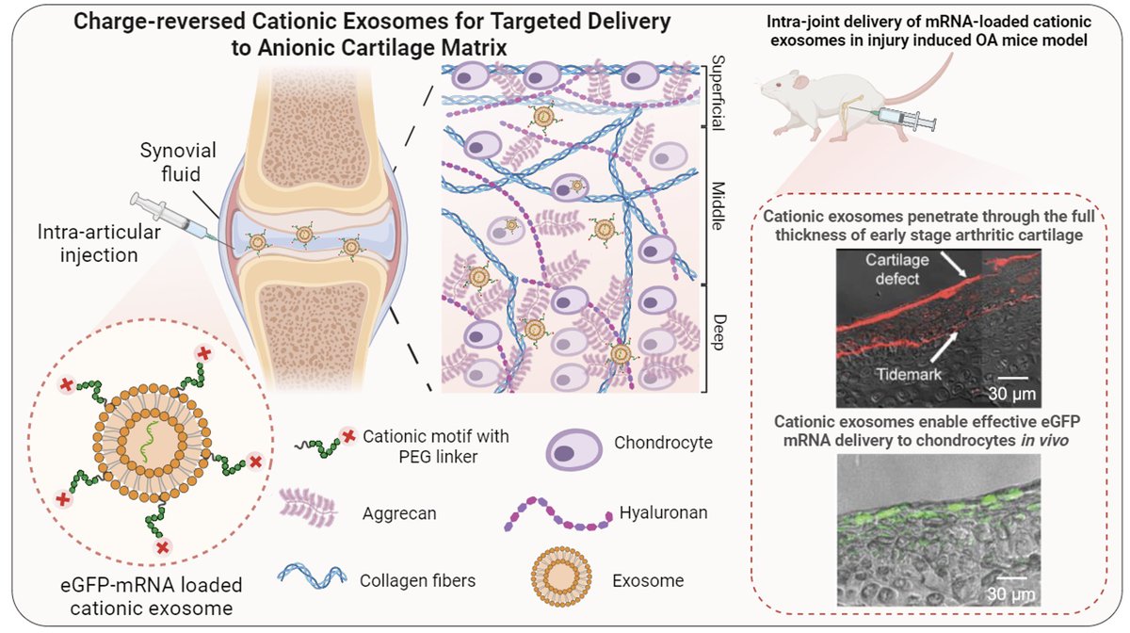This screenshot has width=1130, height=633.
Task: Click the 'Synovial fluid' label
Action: (178, 162)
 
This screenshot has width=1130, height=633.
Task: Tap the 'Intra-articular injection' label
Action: (99, 243)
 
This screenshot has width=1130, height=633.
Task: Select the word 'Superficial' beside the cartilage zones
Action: (718, 93)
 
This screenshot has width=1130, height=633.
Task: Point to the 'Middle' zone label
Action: (718, 206)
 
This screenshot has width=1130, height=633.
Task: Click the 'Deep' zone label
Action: (718, 333)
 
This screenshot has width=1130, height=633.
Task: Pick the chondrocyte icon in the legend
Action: (573, 449)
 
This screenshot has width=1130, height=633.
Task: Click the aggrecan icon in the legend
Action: (308, 508)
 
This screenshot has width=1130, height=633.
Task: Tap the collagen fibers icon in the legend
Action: (313, 577)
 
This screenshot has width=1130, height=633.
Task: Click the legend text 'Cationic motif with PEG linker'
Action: (436, 446)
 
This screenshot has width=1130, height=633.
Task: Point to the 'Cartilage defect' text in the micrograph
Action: (896, 269)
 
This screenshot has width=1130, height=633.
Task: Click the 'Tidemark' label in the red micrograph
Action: (909, 374)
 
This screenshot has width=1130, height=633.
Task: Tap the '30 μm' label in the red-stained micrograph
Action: (1011, 393)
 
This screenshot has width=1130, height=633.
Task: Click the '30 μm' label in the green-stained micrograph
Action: (1010, 594)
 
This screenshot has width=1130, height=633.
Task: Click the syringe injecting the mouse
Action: (902, 118)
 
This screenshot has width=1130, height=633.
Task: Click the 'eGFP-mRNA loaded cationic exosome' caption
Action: (152, 596)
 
